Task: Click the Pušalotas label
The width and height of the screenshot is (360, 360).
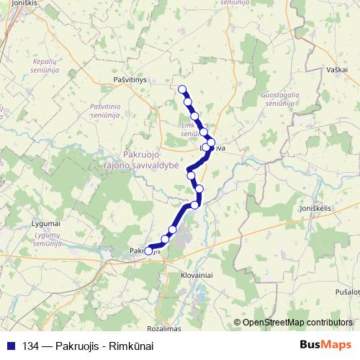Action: click(x=347, y=292)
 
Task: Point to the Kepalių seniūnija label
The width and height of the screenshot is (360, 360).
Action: click(x=49, y=66)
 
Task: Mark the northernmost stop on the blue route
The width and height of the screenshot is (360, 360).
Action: click(x=182, y=90)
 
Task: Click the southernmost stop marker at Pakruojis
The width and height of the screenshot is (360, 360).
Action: click(x=149, y=251)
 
